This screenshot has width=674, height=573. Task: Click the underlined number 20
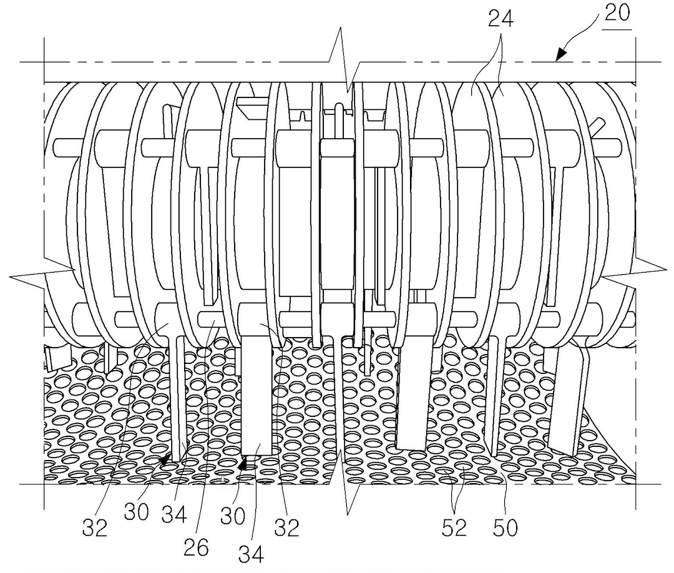click(617, 14)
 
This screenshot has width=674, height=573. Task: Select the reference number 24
click(501, 19)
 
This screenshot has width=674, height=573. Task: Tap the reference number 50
click(506, 528)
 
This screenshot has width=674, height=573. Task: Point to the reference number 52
click(454, 528)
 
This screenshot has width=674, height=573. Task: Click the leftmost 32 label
click(95, 528)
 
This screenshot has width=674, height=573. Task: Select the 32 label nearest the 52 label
click(286, 528)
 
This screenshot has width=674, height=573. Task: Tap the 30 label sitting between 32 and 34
click(135, 512)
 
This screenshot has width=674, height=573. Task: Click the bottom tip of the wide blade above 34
click(257, 453)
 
